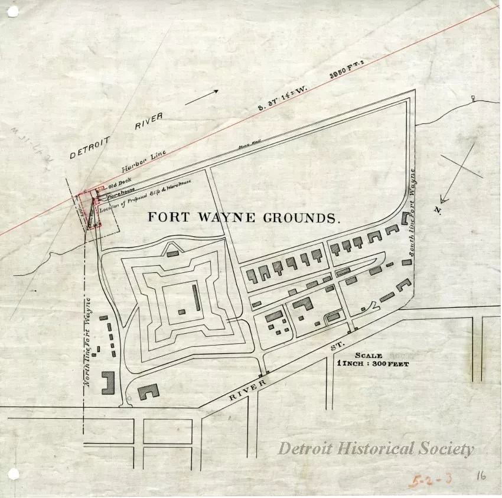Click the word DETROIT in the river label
click(x=90, y=147)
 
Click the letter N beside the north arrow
click(x=438, y=210)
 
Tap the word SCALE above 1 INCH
click(x=369, y=356)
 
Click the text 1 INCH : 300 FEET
click(x=373, y=364)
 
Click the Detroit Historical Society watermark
click(x=376, y=449)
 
